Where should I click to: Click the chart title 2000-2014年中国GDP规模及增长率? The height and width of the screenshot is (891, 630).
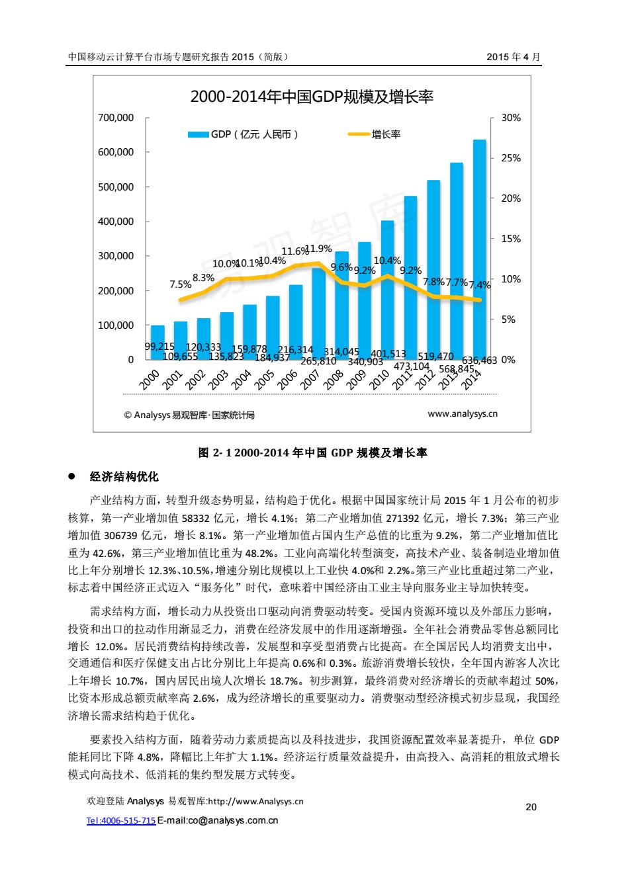(312, 97)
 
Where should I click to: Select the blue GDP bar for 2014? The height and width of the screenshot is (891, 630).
(479, 250)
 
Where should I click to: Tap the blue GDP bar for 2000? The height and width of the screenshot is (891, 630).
(157, 343)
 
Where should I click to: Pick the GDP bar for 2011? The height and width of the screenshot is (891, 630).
(410, 278)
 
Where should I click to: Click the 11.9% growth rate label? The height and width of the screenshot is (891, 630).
(318, 249)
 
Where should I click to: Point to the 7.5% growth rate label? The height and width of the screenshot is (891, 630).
(180, 284)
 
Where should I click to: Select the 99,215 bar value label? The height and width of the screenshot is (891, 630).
(159, 347)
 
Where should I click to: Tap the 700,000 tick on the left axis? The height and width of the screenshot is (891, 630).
(116, 118)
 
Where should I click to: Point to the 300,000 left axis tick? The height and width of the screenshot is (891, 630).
(116, 256)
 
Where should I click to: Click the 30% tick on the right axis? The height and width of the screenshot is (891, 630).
(511, 118)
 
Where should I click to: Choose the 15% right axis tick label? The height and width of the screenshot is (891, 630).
(511, 239)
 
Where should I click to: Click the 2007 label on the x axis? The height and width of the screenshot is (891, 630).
(310, 380)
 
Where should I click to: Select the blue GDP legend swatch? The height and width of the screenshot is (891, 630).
(198, 134)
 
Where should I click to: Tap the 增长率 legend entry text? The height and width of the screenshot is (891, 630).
(386, 134)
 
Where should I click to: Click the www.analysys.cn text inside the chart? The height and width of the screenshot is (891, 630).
(463, 413)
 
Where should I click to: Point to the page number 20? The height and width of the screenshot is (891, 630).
(531, 807)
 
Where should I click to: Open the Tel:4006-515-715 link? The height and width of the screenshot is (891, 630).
(121, 820)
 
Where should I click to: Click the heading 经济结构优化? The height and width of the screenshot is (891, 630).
(124, 476)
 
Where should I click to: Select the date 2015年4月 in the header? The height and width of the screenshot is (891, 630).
(514, 57)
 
